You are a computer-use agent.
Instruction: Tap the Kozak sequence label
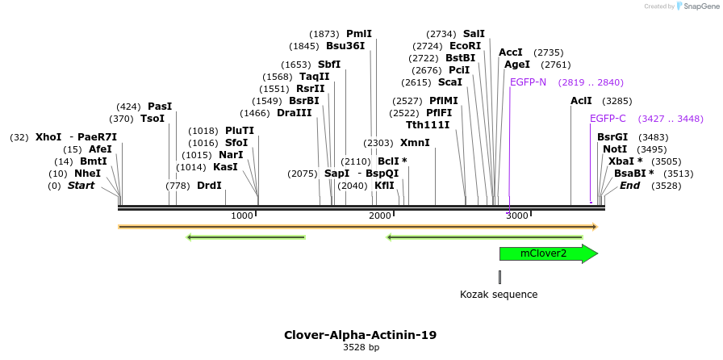coord(499,295)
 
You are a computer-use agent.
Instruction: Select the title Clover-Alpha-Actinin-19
coord(360,335)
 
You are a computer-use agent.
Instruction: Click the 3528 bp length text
coord(361,348)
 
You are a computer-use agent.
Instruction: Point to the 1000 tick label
coord(241,216)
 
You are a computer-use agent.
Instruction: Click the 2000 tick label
coord(379,216)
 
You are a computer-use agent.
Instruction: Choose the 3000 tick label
coord(516,216)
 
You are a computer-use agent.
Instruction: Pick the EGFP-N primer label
coord(528,82)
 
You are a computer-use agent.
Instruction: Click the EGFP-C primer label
coord(608,119)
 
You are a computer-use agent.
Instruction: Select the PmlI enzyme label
coord(359,34)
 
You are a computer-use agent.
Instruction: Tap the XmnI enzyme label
coord(415,143)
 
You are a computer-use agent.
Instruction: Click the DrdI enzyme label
coord(209,186)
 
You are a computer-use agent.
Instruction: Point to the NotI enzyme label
coord(614,149)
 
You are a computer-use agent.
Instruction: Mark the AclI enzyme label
coord(581,101)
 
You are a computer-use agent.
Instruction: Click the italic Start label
coord(81,186)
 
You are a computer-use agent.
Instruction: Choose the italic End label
coord(629,186)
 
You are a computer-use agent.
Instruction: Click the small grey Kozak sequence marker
coord(499,277)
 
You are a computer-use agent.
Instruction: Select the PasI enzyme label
coord(160,107)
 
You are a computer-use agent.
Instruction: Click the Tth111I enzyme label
coord(428,124)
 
